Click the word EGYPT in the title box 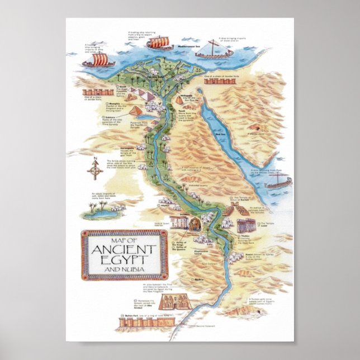[x=124, y=260]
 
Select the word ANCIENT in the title [x=124, y=249]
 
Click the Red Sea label [x=220, y=134]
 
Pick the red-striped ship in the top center [x=159, y=42]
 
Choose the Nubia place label [x=199, y=279]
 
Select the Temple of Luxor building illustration [x=247, y=225]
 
